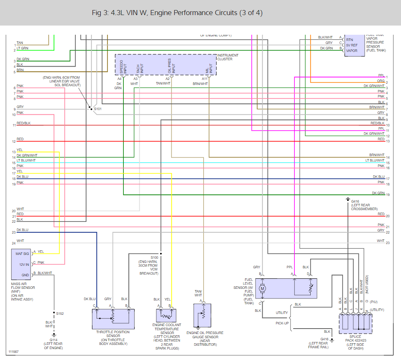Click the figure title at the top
pos(177,13)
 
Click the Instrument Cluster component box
pos(166,64)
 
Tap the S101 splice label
pos(98,109)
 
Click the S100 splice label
pos(155,257)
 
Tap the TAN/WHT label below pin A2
pos(163,84)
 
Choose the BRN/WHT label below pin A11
pos(200,84)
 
